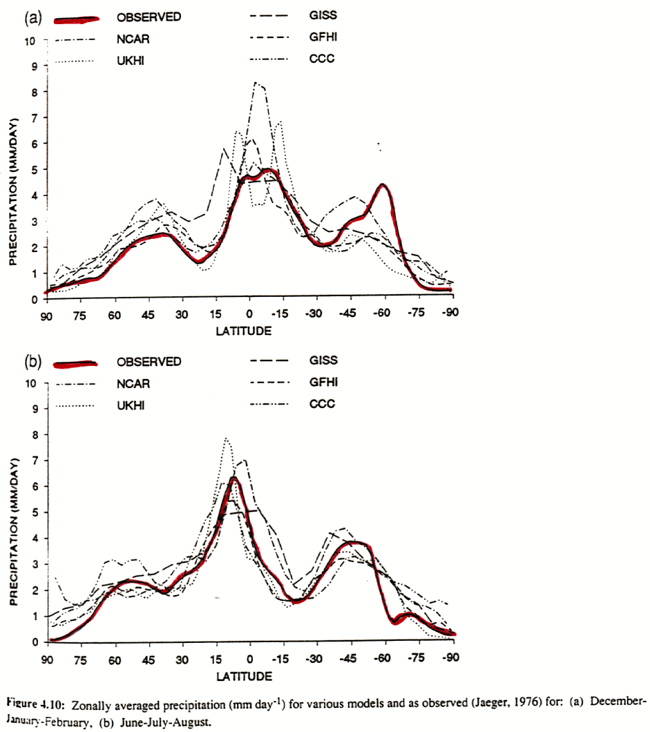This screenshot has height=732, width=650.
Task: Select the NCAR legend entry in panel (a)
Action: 128,40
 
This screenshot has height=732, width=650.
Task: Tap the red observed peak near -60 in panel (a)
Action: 383,185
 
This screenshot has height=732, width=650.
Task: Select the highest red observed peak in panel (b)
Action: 233,478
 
